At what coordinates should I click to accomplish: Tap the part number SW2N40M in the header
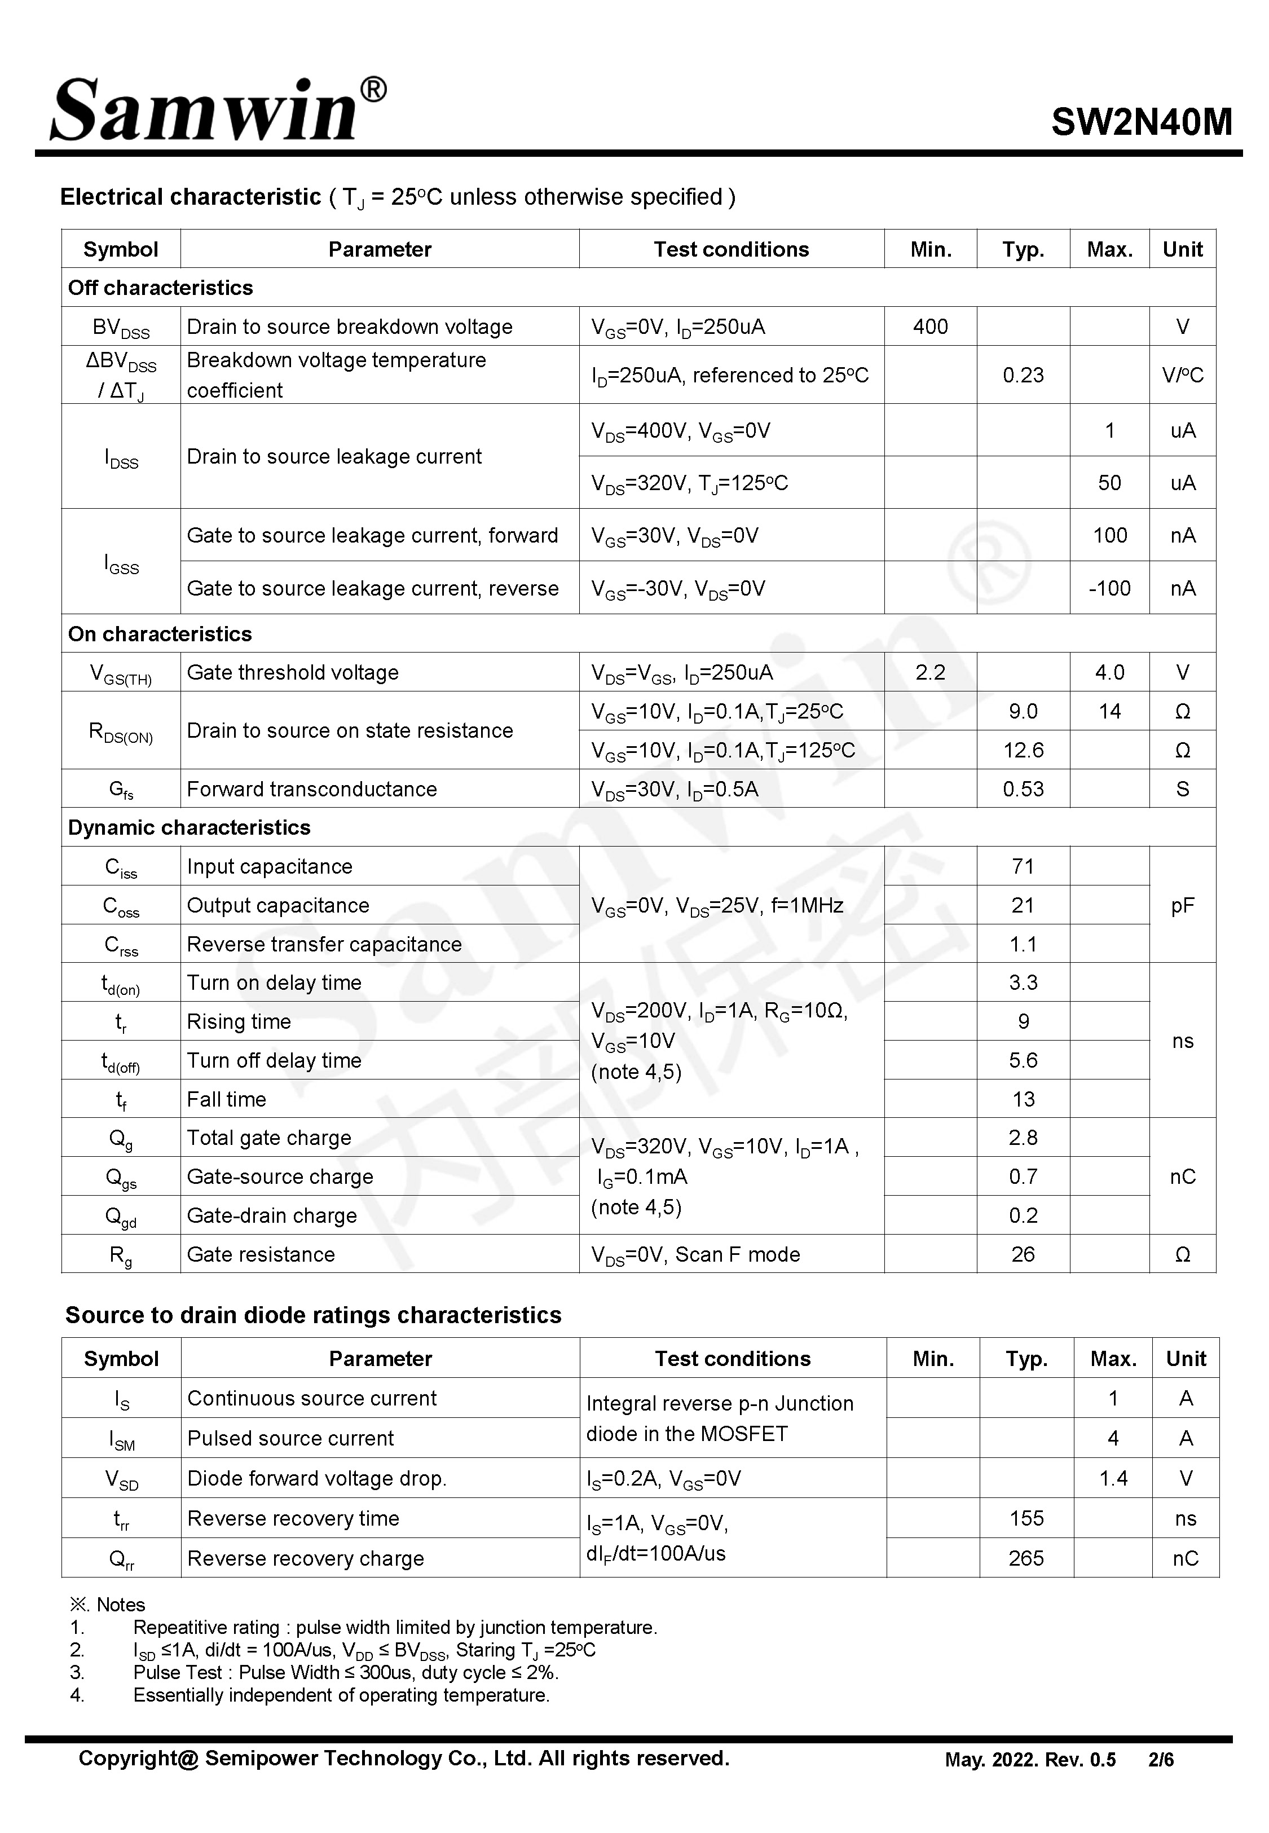(1141, 122)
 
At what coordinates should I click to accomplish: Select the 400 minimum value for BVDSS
(929, 327)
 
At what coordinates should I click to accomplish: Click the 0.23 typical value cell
(1023, 375)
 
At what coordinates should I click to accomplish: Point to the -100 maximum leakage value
(1109, 588)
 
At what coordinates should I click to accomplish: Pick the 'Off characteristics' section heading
(161, 288)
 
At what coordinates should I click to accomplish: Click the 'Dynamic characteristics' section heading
(190, 827)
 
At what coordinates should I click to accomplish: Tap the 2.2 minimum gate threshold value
(929, 672)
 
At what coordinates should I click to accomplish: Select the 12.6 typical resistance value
(1023, 750)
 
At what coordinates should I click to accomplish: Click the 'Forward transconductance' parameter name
(312, 790)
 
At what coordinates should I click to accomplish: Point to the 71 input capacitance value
(1023, 866)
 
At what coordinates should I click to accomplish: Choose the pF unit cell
(1182, 905)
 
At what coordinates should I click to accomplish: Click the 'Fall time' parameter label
(227, 1099)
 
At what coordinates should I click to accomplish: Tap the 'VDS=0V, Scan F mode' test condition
(696, 1254)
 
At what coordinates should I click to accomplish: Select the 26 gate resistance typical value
(1023, 1254)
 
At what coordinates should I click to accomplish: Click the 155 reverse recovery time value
(1026, 1518)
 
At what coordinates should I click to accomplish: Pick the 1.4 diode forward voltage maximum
(1113, 1478)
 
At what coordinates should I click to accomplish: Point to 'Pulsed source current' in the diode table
(290, 1438)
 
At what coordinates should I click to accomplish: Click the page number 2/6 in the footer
(1161, 1760)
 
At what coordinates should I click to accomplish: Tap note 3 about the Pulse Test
(346, 1672)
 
